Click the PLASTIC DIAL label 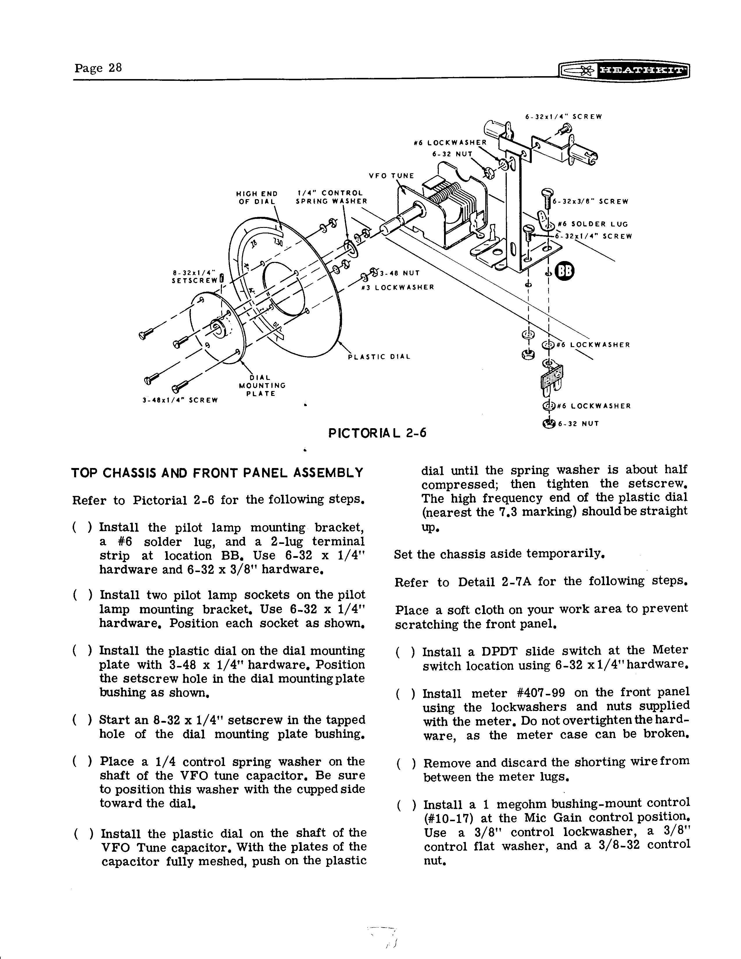click(x=379, y=357)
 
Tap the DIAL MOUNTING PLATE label click(x=262, y=385)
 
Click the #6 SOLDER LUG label click(x=593, y=224)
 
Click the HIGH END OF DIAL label click(x=257, y=197)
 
